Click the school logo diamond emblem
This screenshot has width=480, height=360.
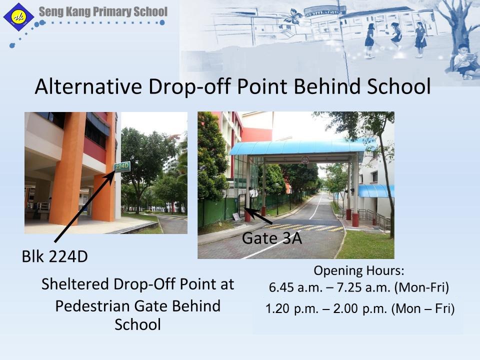click(18, 17)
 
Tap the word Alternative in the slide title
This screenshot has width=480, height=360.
click(88, 86)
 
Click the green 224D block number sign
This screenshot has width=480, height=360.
click(122, 167)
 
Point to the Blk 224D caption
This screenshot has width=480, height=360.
click(55, 256)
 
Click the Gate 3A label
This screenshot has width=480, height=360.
click(272, 238)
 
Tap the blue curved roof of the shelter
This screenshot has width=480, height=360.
click(298, 147)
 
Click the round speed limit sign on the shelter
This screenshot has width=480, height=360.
click(305, 159)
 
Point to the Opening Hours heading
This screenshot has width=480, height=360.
click(359, 271)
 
